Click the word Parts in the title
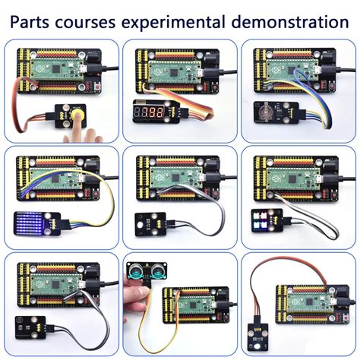click(30, 22)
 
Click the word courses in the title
click(85, 23)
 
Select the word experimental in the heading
click(172, 23)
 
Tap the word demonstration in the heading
click(290, 22)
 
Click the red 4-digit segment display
click(150, 112)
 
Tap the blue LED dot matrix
click(28, 223)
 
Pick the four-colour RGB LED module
click(267, 220)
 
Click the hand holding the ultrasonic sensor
click(136, 295)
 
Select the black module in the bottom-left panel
click(30, 327)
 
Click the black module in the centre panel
click(150, 224)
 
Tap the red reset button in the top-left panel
click(97, 87)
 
